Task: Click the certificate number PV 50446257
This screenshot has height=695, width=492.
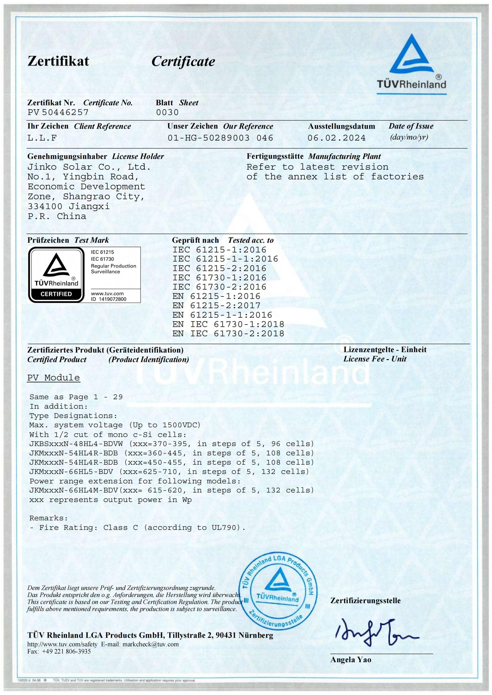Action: tap(58, 112)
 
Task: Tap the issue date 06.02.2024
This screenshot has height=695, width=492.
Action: tap(337, 138)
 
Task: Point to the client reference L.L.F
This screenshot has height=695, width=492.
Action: tap(42, 138)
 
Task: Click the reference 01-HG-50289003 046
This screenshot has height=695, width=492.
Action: tap(220, 138)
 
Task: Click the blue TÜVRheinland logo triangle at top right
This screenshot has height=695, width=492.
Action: tap(412, 56)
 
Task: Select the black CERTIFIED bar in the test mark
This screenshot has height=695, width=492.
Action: tap(56, 294)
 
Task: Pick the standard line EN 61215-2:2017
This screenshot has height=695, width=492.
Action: tap(216, 305)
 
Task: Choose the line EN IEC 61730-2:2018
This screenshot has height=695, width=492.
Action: tap(228, 334)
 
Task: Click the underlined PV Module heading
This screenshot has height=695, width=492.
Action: tap(54, 378)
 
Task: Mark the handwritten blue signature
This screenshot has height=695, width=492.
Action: tap(376, 632)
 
